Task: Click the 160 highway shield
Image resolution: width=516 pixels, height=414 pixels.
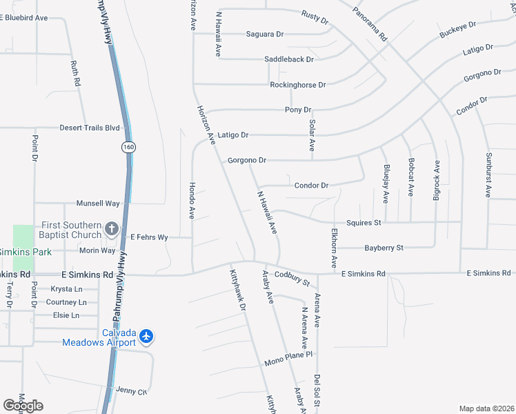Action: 128,146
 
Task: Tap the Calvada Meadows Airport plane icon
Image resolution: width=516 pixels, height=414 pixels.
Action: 146,336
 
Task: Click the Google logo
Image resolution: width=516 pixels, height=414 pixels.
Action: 23,406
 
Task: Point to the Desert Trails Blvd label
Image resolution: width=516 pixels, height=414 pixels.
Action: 90,128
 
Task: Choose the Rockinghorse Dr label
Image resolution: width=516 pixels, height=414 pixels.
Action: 297,85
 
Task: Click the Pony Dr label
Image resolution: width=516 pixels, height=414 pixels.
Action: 298,110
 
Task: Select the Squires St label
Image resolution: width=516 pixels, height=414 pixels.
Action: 364,223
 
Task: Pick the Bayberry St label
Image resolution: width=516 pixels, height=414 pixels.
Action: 384,247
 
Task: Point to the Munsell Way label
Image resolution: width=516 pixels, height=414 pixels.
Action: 98,204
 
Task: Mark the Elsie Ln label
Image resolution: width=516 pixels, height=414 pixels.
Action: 67,315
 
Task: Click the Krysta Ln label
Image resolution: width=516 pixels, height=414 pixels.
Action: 66,289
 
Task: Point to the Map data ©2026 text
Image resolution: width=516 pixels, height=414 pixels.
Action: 486,408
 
